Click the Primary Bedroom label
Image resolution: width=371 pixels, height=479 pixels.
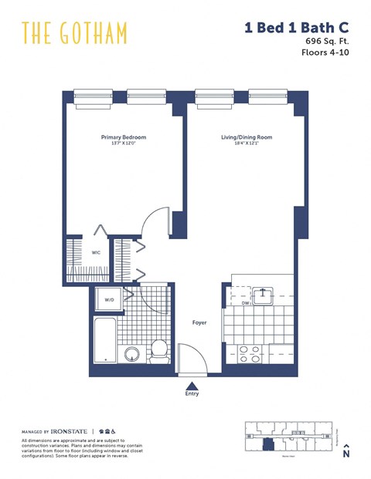tap(124, 137)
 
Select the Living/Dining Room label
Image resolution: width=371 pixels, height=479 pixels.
tap(247, 137)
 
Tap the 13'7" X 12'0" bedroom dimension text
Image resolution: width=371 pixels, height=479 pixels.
tap(124, 144)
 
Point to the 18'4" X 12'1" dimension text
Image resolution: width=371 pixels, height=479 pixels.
tap(247, 144)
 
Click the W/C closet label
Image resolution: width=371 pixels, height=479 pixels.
tap(97, 252)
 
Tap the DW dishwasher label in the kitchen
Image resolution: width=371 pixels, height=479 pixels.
tap(245, 303)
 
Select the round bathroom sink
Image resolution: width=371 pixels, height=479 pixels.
tap(132, 354)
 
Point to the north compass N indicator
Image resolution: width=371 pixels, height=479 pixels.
tap(346, 454)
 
